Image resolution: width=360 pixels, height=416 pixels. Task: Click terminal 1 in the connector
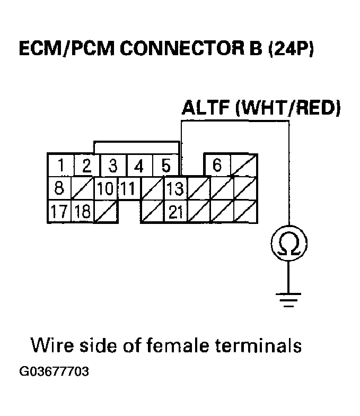(61, 167)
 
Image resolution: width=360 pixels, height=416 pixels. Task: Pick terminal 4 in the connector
(139, 167)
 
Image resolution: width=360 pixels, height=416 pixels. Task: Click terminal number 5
(165, 167)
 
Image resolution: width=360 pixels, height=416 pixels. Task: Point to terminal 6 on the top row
(217, 166)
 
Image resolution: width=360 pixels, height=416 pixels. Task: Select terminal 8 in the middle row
(60, 188)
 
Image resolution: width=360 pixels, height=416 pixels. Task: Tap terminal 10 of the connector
(105, 188)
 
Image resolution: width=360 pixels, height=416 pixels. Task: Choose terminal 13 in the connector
(175, 188)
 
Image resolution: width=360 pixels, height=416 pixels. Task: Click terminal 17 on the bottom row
(60, 211)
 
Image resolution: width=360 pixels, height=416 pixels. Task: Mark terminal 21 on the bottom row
(175, 211)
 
